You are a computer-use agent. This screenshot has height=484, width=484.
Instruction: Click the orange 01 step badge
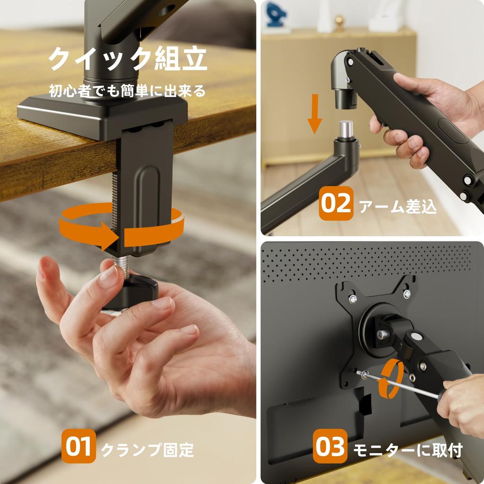click(78, 447)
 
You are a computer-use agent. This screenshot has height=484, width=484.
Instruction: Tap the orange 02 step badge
click(336, 204)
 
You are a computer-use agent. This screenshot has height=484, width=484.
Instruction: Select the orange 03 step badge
click(330, 447)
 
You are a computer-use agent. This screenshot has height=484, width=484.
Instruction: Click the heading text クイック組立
click(128, 60)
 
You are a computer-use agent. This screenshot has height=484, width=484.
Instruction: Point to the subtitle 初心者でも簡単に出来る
click(128, 90)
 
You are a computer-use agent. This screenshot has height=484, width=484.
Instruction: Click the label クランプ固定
click(147, 449)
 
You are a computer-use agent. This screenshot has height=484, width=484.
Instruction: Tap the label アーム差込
click(398, 207)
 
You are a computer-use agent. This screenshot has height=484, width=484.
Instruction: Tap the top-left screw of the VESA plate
click(352, 299)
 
